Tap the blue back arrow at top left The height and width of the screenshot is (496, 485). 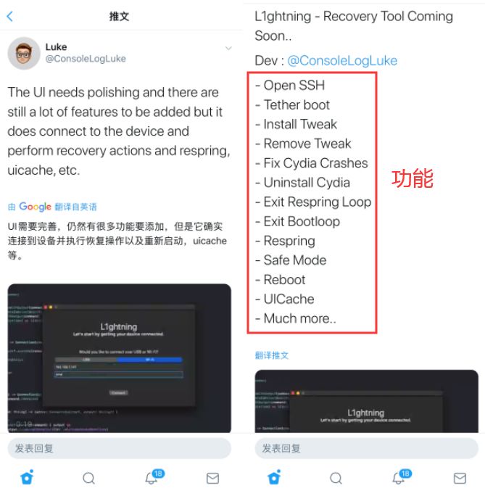tap(9, 16)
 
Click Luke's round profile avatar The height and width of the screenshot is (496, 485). tap(24, 54)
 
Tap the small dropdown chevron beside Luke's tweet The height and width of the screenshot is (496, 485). tap(228, 49)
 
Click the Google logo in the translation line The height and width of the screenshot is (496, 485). tap(35, 207)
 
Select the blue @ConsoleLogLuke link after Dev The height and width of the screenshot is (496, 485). tap(342, 61)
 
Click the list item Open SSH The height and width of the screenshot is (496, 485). tap(294, 86)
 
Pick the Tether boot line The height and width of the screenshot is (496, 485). tap(297, 105)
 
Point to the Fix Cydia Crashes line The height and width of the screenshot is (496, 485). tap(315, 163)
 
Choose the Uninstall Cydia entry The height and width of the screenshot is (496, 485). tap(307, 183)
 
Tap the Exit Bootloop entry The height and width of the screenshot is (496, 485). tap(301, 221)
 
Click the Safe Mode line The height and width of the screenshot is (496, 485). tap(294, 260)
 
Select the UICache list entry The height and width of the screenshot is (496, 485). tap(289, 299)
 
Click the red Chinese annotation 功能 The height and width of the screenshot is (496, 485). tap(413, 178)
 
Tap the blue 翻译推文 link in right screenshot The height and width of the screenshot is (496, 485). tap(272, 355)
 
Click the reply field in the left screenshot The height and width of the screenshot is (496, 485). tap(120, 448)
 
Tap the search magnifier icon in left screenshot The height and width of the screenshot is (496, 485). tap(88, 479)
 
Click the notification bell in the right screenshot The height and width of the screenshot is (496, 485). tap(398, 478)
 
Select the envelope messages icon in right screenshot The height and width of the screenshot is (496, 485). tap(460, 479)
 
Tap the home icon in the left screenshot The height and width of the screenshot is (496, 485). tap(27, 479)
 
